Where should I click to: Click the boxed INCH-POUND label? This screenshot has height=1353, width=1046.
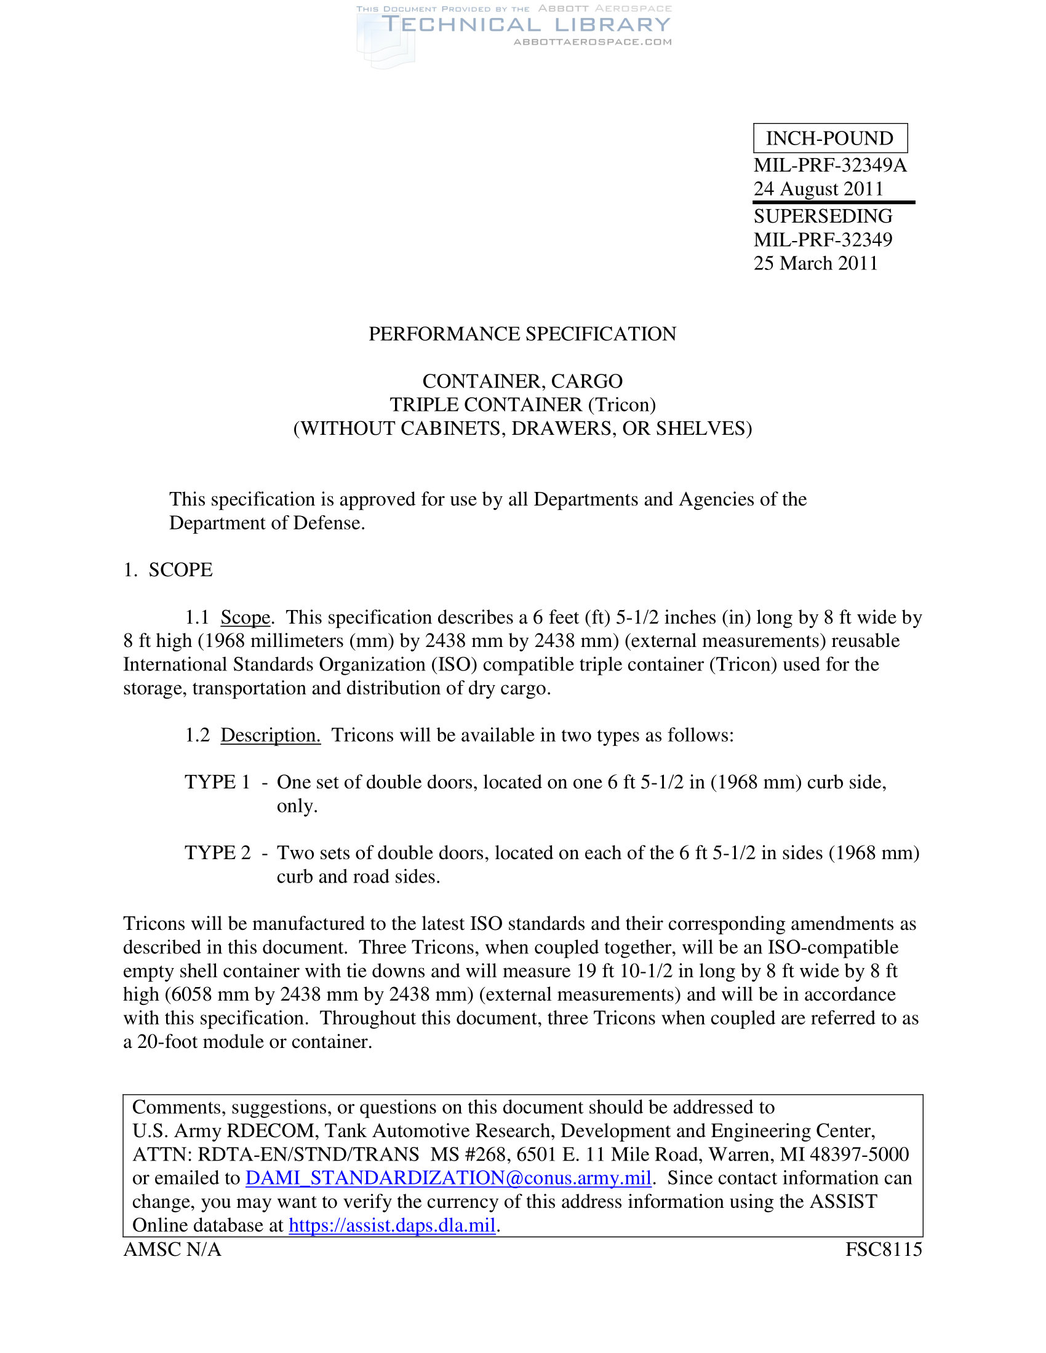(x=830, y=138)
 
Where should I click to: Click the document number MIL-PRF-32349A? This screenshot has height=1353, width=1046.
(x=830, y=165)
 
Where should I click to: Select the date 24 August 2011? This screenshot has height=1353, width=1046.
(x=818, y=189)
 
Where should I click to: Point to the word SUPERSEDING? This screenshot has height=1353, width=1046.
(x=823, y=216)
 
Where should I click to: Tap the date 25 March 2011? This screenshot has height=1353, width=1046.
(x=815, y=263)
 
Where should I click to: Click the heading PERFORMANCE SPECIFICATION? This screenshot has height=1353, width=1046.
(x=522, y=334)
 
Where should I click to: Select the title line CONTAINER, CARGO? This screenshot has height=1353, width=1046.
(x=522, y=381)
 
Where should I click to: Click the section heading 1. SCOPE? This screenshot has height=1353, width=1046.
(x=168, y=570)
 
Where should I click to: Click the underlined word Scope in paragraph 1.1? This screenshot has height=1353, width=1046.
(x=246, y=617)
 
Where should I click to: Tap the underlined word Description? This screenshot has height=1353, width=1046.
(x=270, y=736)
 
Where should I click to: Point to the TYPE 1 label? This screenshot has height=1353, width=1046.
(x=217, y=782)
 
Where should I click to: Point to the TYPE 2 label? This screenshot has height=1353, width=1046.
(x=217, y=853)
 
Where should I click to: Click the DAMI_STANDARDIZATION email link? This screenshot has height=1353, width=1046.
(x=448, y=1178)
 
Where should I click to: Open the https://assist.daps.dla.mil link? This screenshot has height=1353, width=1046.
(x=391, y=1224)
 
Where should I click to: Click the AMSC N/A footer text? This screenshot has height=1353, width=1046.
(x=172, y=1250)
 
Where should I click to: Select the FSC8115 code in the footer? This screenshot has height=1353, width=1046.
(x=884, y=1250)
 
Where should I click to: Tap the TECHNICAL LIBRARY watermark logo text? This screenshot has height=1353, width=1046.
(x=525, y=25)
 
